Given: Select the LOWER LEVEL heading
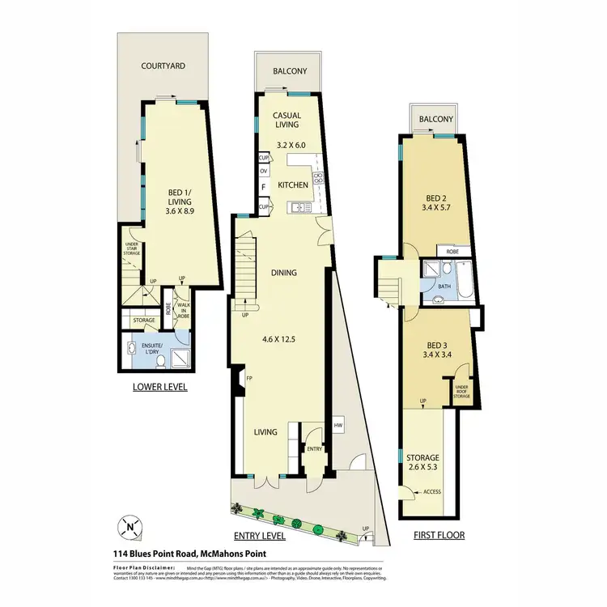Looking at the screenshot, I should pyautogui.click(x=159, y=388).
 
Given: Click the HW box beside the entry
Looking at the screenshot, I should pyautogui.click(x=337, y=427).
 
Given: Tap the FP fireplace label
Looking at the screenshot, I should pyautogui.click(x=250, y=376).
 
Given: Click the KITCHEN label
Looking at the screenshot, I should pyautogui.click(x=294, y=185).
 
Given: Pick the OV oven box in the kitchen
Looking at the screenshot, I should pyautogui.click(x=264, y=172).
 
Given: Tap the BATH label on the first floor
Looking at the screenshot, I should pyautogui.click(x=444, y=287).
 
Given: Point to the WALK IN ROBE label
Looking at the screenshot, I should pyautogui.click(x=184, y=309).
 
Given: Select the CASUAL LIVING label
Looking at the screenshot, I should pyautogui.click(x=287, y=120).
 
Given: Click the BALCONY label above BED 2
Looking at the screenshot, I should pyautogui.click(x=435, y=120).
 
